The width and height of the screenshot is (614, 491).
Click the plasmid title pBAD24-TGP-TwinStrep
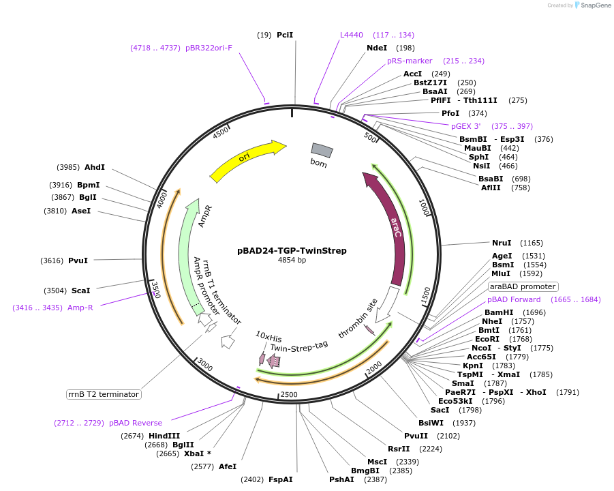point(292,250)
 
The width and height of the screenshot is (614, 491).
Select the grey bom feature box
point(322,150)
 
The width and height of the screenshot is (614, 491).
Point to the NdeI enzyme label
point(377,48)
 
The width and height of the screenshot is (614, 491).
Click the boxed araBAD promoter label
point(523,286)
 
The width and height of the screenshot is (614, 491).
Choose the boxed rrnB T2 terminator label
point(104,394)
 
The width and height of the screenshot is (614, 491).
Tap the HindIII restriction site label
point(165,436)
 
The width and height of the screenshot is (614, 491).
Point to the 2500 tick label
point(289,394)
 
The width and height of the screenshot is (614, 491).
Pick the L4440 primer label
point(352,35)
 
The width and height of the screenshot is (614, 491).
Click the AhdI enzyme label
point(95,167)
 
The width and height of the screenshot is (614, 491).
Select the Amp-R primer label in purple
point(80,308)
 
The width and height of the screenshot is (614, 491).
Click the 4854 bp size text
point(292,261)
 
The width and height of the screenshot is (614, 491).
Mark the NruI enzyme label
point(502,243)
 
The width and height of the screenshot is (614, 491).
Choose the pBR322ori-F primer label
point(209,48)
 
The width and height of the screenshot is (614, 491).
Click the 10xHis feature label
point(268,337)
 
